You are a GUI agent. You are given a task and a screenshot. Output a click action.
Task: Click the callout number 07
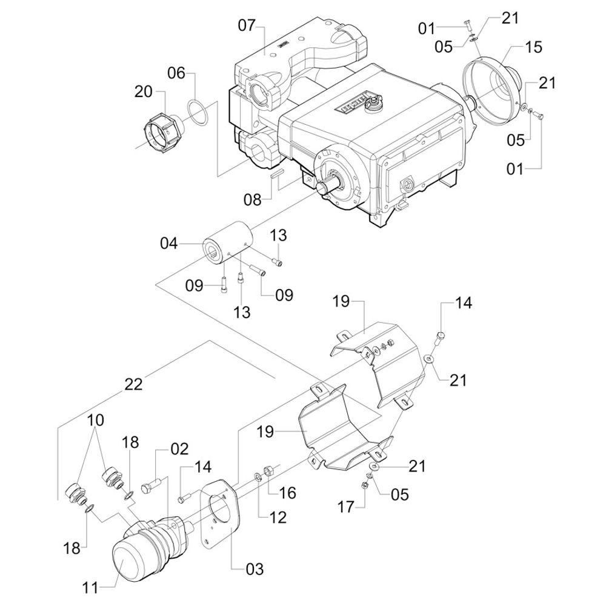[x=247, y=27]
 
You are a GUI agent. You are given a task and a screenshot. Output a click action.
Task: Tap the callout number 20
[x=144, y=91]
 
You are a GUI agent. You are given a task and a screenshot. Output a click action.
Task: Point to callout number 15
[x=534, y=47]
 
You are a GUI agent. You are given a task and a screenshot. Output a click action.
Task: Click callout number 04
[x=169, y=244]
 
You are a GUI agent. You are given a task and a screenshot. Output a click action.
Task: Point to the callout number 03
[x=255, y=568]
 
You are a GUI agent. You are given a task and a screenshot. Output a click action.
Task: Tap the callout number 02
[x=179, y=450]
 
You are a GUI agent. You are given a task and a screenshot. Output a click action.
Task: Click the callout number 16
[x=288, y=493]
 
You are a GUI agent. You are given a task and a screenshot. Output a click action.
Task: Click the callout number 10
[x=96, y=420]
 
